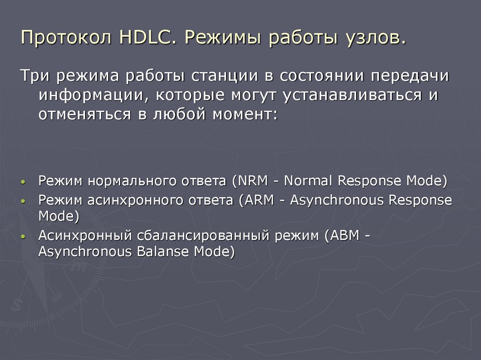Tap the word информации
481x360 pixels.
(91, 95)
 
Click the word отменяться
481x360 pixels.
(83, 115)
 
